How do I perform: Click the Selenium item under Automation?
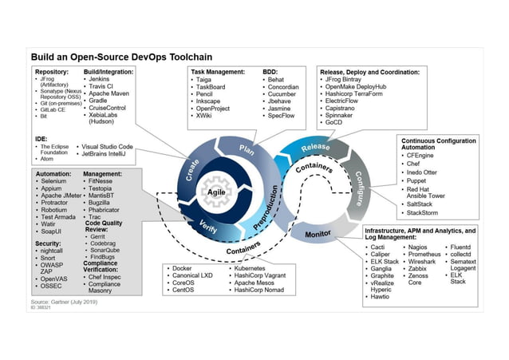(x=55, y=182)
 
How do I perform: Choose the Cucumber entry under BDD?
(x=284, y=95)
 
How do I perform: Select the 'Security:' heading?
(x=49, y=243)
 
